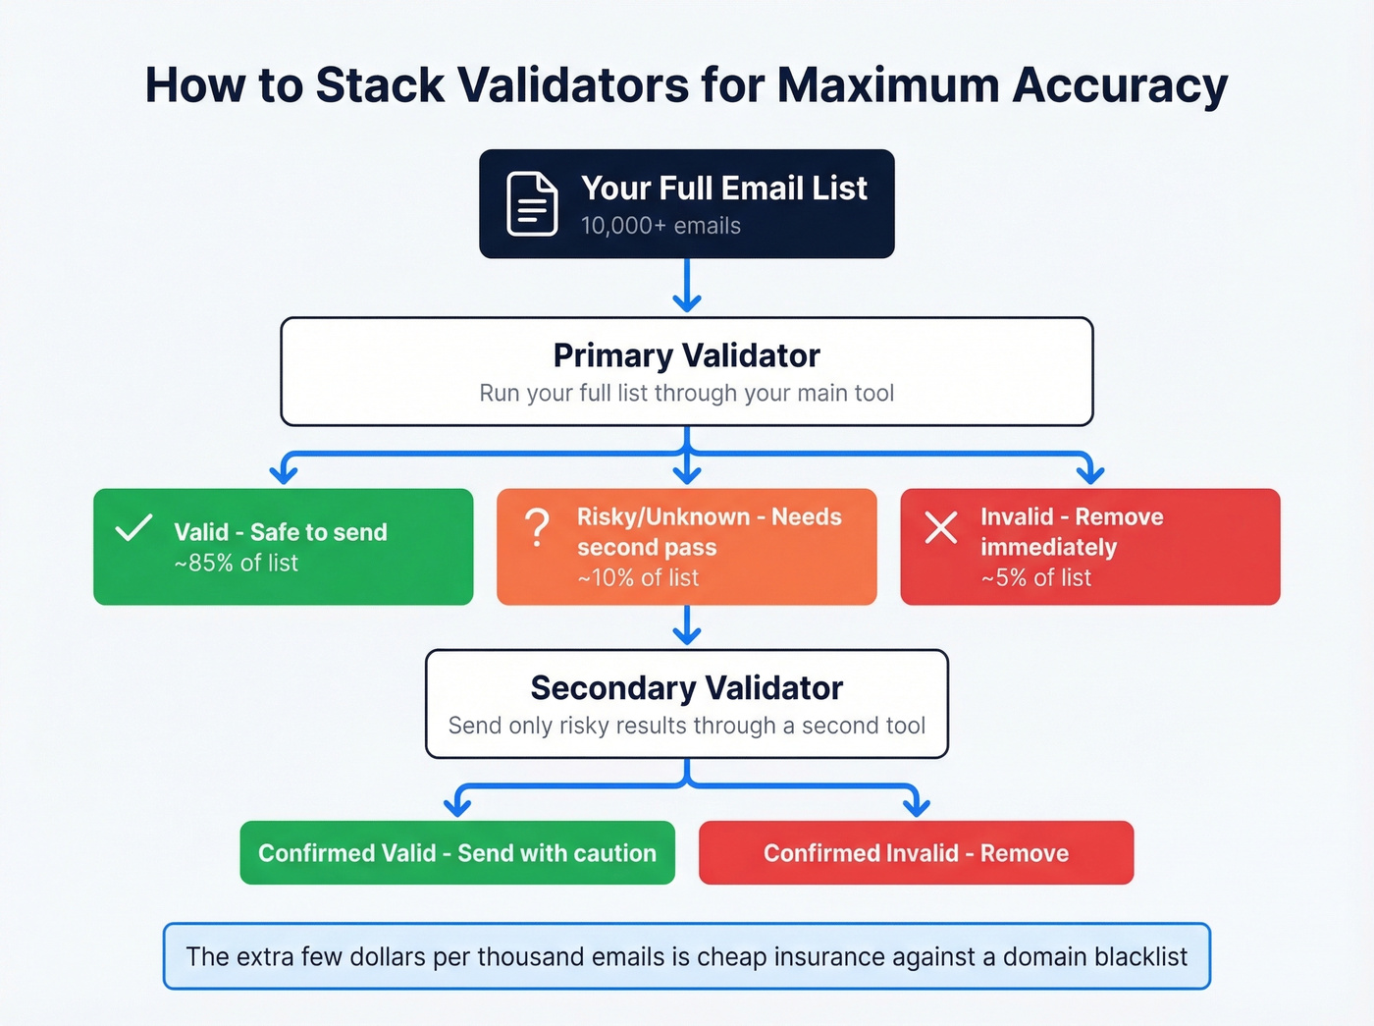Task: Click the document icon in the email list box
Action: tap(532, 204)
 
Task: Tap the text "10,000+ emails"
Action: tap(661, 226)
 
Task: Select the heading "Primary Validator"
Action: tap(686, 355)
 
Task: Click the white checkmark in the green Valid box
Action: tap(133, 528)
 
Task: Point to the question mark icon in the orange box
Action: tap(537, 528)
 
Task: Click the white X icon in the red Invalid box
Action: tap(940, 528)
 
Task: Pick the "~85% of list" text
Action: tap(237, 563)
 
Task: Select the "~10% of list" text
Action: tap(639, 578)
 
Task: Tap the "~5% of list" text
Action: tap(1036, 578)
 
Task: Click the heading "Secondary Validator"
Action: tap(686, 688)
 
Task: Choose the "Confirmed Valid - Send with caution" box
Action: tap(457, 853)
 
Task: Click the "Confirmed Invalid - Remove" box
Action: tap(916, 853)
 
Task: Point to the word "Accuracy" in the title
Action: tap(1120, 85)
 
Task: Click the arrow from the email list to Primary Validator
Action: tap(687, 286)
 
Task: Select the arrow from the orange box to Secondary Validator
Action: tap(687, 625)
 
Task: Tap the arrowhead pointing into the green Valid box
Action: tap(284, 474)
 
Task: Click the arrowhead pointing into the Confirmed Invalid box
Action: tap(916, 806)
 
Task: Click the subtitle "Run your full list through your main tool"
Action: tap(686, 394)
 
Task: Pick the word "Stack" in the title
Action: tap(380, 85)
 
